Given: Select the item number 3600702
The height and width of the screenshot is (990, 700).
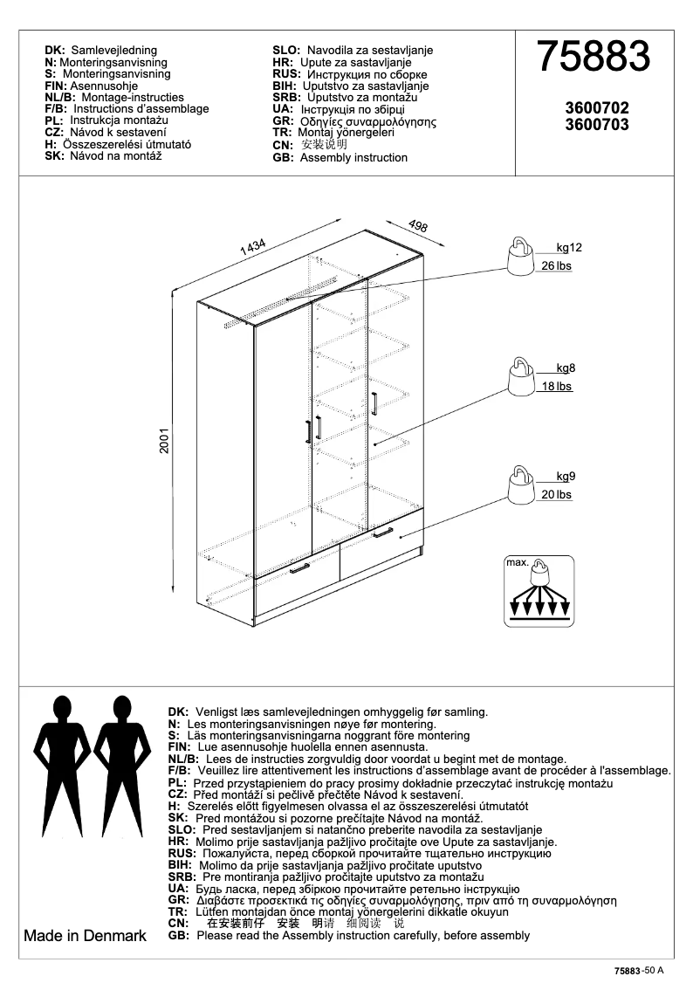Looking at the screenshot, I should pos(597,109).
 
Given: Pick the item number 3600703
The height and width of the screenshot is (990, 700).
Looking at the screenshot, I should pos(597,125).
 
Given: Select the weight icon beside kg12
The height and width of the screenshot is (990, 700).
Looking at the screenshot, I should pos(521,258).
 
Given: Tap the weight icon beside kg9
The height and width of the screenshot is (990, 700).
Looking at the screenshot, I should pos(521,486).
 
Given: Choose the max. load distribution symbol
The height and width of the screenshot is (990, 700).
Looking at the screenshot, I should pos(539,591).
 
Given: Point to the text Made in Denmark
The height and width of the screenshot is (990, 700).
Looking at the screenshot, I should pos(85,936).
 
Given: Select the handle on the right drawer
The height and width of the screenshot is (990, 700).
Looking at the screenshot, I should pos(382,532).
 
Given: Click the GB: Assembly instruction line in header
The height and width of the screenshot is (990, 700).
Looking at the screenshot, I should pos(340,158).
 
